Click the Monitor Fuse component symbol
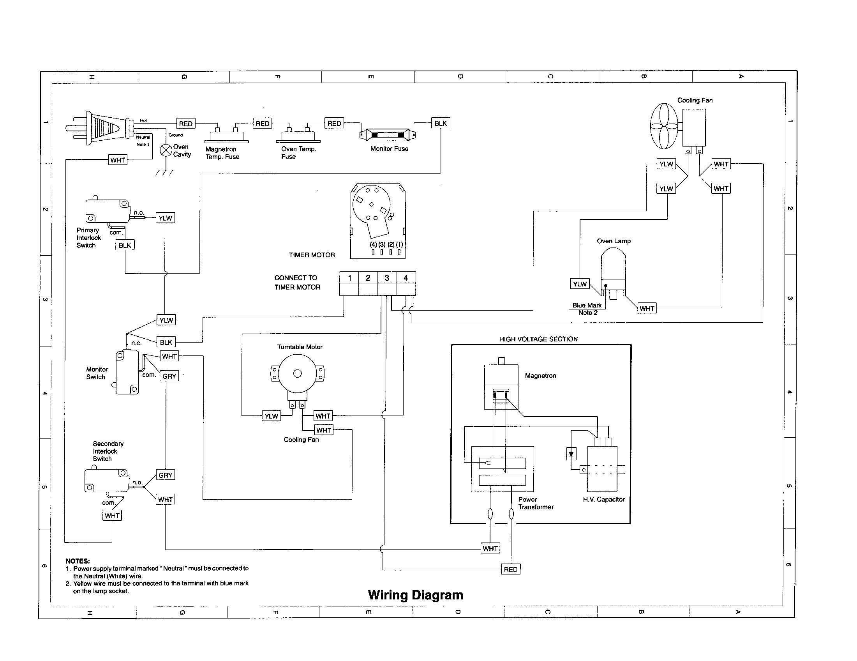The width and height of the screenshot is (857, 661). pos(387,134)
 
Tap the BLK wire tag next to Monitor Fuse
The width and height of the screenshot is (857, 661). pos(440,123)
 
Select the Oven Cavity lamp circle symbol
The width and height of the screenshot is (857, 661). pos(166,150)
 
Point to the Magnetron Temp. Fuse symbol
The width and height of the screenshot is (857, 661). pos(226,135)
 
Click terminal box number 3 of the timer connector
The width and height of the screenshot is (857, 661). pos(387,278)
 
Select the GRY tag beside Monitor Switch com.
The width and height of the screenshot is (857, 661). pos(169,376)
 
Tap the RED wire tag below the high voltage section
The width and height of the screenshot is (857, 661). pos(511,569)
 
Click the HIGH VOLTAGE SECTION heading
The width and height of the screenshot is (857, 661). pos(538,339)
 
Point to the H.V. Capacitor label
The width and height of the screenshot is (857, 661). pos(603,499)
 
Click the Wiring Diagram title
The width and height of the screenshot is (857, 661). pos(415,595)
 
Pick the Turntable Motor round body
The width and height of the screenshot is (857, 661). pos(298,373)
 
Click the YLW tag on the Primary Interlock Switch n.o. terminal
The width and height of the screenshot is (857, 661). pos(165,218)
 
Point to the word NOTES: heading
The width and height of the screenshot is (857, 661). pos(78,561)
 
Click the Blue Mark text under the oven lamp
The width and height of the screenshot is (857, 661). pos(587,306)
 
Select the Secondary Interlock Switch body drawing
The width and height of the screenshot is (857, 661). pos(106,481)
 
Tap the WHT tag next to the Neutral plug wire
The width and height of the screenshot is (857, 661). pos(118,160)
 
